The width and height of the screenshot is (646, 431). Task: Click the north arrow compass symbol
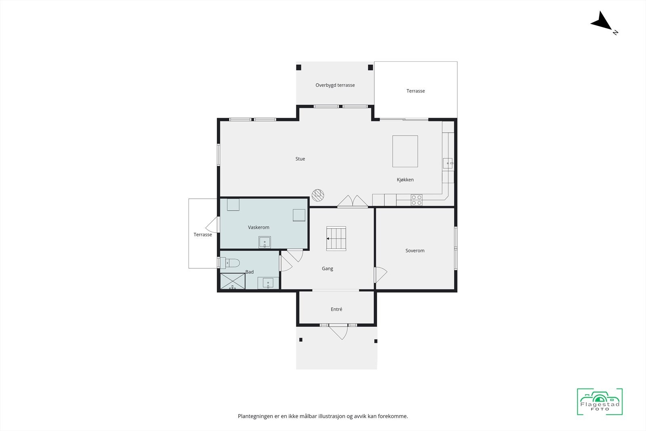click(x=603, y=22)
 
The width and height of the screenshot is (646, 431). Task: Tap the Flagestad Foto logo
click(x=600, y=402)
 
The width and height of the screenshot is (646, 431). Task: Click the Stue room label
click(x=300, y=159)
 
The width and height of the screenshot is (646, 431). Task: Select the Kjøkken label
click(x=405, y=180)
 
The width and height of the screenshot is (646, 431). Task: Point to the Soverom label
click(x=415, y=250)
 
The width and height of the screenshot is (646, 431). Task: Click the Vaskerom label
click(x=258, y=227)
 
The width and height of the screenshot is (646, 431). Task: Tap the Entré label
click(x=336, y=309)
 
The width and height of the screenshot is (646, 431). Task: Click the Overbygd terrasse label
click(x=335, y=85)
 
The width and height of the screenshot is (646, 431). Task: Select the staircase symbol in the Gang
click(x=336, y=238)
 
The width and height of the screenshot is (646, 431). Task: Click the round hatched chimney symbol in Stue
click(x=318, y=195)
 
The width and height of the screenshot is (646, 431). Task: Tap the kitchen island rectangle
click(x=405, y=151)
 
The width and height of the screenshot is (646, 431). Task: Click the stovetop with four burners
click(x=417, y=200)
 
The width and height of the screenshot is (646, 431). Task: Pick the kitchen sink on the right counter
click(x=448, y=163)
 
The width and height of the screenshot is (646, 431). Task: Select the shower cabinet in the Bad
click(x=233, y=281)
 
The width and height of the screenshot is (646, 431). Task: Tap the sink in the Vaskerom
click(x=264, y=242)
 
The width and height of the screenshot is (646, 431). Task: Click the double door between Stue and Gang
click(x=352, y=202)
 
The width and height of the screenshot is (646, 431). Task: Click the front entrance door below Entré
click(x=338, y=332)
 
